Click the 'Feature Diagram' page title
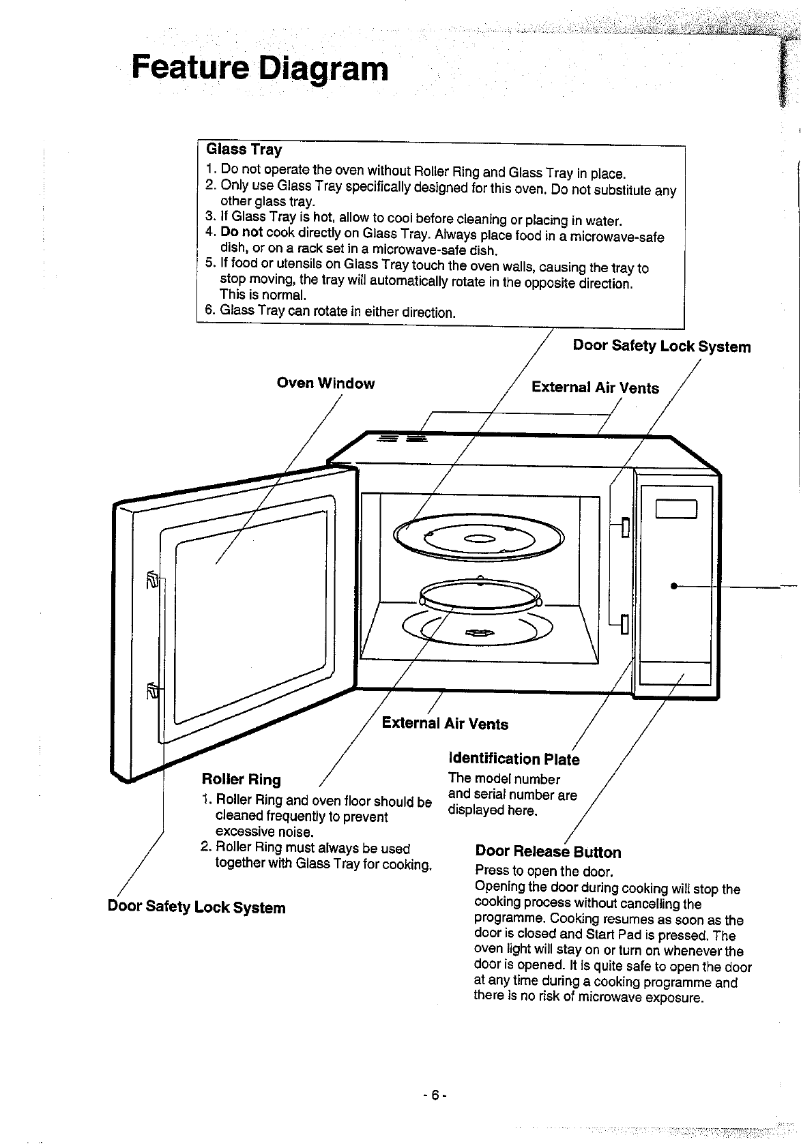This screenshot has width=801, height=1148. click(260, 69)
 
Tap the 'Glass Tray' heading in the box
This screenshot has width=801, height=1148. click(244, 149)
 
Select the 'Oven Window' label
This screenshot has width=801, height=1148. click(325, 383)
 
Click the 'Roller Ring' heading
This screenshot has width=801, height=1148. click(242, 780)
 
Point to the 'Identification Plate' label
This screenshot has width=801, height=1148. click(514, 759)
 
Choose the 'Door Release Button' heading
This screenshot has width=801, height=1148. click(549, 852)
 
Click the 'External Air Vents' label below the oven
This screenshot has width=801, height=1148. click(445, 724)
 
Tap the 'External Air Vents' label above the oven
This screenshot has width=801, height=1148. click(595, 387)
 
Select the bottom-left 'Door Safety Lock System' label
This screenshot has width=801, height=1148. click(196, 907)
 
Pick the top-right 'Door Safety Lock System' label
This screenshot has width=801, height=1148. click(662, 346)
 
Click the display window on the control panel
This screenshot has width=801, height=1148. click(676, 509)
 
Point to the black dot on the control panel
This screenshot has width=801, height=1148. click(674, 586)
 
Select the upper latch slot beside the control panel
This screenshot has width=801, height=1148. click(625, 527)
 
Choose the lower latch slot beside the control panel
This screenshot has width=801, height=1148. click(624, 623)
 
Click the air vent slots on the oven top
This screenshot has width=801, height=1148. click(403, 438)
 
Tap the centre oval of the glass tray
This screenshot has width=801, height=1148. click(479, 538)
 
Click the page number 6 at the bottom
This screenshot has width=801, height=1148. click(435, 1095)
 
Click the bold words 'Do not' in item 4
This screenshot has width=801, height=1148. click(242, 232)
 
